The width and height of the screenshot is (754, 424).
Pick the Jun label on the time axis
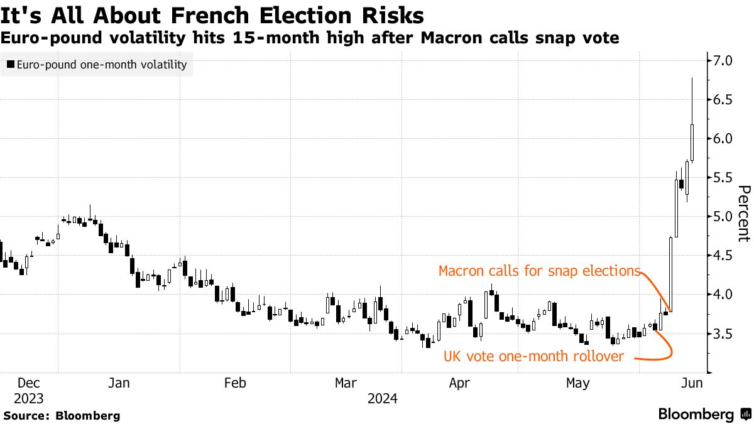click(x=692, y=383)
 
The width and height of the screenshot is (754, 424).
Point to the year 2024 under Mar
click(x=383, y=398)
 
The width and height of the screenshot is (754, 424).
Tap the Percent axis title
click(x=744, y=214)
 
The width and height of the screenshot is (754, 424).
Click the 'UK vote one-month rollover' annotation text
click(x=534, y=357)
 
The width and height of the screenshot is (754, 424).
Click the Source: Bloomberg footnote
click(x=62, y=415)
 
